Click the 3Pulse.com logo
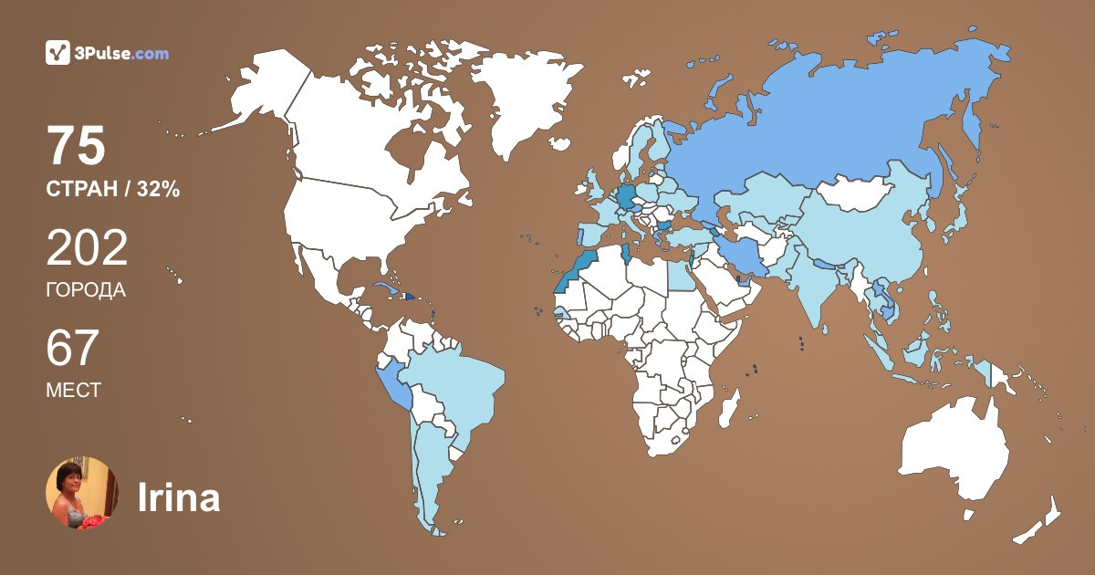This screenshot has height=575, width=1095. (107, 53)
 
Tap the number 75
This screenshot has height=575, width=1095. (77, 146)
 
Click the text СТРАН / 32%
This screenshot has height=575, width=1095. (112, 190)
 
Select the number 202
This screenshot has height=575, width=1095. (87, 248)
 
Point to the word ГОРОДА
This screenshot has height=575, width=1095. (86, 290)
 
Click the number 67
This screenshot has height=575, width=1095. (72, 349)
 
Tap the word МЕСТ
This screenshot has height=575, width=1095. (73, 391)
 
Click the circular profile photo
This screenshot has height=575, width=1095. (82, 493)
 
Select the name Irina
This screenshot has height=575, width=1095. (179, 497)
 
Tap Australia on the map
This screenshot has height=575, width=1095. (954, 452)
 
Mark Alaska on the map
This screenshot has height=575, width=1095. (255, 91)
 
